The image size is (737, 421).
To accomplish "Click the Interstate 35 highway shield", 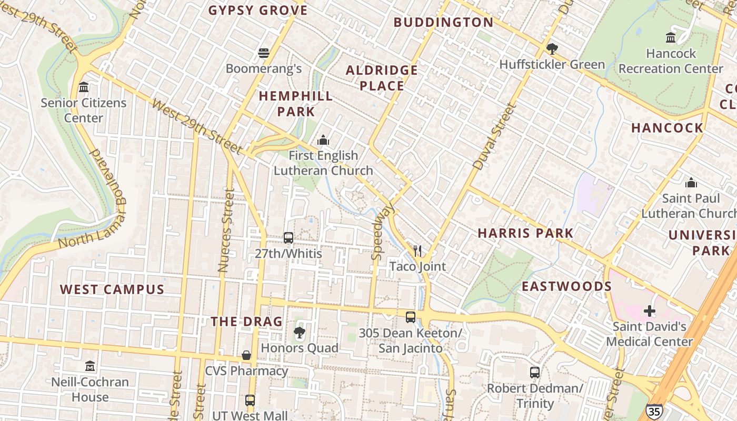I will (x=654, y=411).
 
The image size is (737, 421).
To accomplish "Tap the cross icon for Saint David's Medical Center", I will (x=650, y=310).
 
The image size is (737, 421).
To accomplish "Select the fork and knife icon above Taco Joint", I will (x=417, y=250).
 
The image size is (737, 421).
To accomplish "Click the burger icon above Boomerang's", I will (x=264, y=53).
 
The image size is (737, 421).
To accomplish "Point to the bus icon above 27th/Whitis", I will (x=288, y=237).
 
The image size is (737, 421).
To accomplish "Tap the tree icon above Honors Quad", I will (x=300, y=332).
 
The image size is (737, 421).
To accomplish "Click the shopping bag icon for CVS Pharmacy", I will (x=246, y=355).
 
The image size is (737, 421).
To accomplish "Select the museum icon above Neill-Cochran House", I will (x=90, y=366).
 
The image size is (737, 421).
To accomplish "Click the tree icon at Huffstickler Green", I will (x=552, y=49).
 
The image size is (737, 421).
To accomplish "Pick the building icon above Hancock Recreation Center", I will (x=671, y=37).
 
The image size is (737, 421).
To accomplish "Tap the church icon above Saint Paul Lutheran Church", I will (x=691, y=183).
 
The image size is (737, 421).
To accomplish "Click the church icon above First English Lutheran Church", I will (x=323, y=140).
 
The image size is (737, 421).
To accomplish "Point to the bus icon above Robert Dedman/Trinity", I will (x=535, y=373).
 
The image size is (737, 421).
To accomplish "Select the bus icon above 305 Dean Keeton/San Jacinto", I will (x=411, y=317).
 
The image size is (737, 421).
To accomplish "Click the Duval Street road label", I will (x=494, y=136).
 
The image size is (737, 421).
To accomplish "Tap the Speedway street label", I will (x=383, y=232).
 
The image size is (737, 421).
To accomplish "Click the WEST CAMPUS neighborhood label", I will (x=112, y=289).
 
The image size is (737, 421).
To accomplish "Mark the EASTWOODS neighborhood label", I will (x=566, y=286).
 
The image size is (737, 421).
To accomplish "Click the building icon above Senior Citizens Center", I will (x=84, y=87).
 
